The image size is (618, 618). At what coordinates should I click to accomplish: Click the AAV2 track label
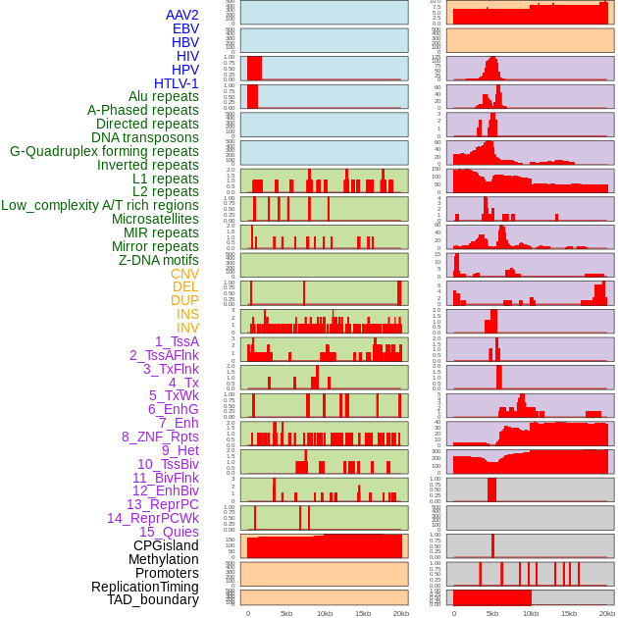tap(181, 15)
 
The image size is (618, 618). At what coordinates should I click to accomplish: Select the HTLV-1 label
tap(176, 83)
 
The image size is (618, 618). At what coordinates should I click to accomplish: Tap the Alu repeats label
tap(163, 97)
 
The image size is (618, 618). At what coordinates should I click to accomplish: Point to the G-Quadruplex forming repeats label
tap(104, 151)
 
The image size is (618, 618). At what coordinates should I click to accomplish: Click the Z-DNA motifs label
tap(158, 260)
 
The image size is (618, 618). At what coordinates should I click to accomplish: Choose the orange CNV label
tap(184, 274)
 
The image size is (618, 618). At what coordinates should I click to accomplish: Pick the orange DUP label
tap(184, 300)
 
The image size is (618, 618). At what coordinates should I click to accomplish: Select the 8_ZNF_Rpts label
tap(160, 437)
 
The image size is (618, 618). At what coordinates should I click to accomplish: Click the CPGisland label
tap(166, 545)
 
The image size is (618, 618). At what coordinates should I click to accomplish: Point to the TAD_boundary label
tap(153, 599)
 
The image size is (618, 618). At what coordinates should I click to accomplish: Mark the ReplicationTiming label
tap(144, 587)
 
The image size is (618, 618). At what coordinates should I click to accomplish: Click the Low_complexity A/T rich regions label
tap(99, 205)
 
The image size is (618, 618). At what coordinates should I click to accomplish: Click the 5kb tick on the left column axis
tap(286, 613)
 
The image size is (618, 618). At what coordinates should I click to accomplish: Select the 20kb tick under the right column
tap(607, 613)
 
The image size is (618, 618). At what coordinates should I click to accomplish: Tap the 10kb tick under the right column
tap(530, 613)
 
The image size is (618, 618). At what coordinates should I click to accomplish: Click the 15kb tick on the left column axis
tap(362, 613)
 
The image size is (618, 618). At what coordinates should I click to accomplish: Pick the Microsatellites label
tap(155, 219)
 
